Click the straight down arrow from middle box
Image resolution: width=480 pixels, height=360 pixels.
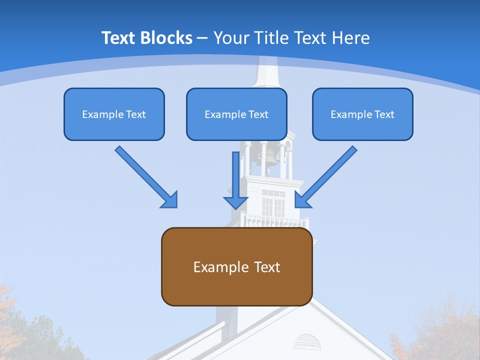pyautogui.click(x=235, y=180)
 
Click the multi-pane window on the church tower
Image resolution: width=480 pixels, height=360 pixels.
pyautogui.click(x=273, y=203)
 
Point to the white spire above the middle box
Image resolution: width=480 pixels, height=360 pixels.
pyautogui.click(x=265, y=72)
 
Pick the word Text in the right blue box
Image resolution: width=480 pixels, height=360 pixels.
pyautogui.click(x=384, y=114)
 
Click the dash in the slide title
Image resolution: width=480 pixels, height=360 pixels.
pyautogui.click(x=202, y=38)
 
